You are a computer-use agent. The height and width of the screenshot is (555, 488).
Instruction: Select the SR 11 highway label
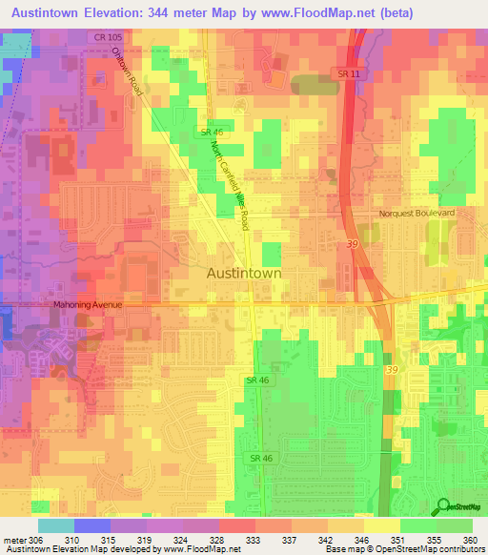pos(348,73)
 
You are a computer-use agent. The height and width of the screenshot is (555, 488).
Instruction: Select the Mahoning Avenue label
pos(88,304)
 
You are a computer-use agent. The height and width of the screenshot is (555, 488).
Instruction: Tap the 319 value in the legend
pos(146,540)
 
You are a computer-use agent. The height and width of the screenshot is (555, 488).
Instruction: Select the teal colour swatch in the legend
pos(55,525)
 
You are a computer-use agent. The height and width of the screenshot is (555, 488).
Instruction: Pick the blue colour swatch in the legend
pos(91,525)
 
